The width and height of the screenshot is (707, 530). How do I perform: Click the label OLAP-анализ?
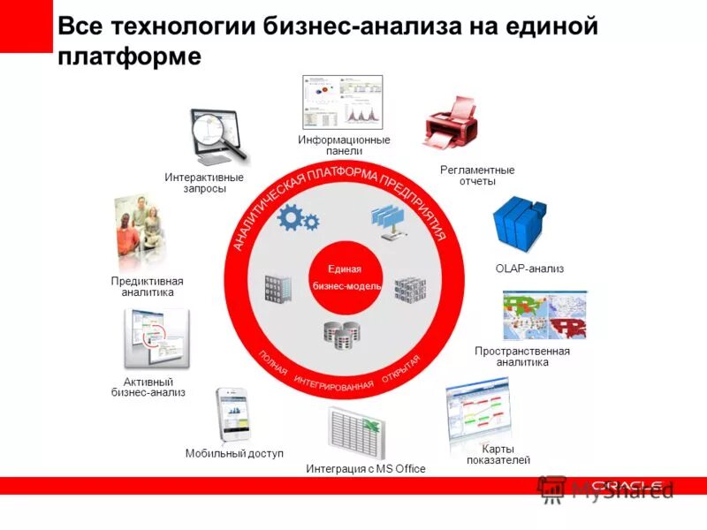point(529,269)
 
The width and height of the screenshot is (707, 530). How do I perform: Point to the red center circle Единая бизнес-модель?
point(345,277)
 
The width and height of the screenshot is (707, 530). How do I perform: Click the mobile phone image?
point(232,414)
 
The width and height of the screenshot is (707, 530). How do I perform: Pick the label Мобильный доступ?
point(234,454)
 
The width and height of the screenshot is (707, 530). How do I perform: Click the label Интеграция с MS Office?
point(365,469)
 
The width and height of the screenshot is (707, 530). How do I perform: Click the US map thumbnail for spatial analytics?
point(544,315)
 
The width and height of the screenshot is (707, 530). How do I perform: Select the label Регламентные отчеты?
point(477,176)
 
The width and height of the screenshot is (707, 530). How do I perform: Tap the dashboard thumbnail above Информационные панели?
point(343,102)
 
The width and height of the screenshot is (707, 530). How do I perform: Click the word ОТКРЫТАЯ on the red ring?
point(401,369)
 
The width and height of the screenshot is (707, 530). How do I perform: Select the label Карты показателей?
point(498,454)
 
